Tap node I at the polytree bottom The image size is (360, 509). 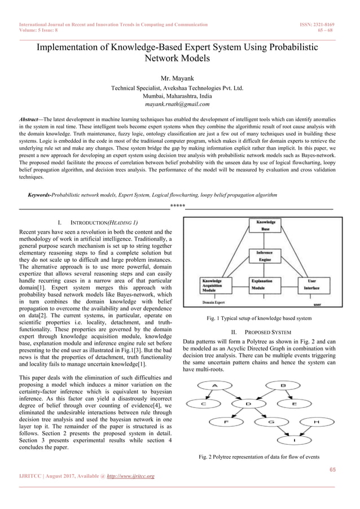(x=294, y=440)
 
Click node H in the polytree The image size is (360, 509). (x=315, y=422)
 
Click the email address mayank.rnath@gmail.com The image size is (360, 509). (x=177, y=104)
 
